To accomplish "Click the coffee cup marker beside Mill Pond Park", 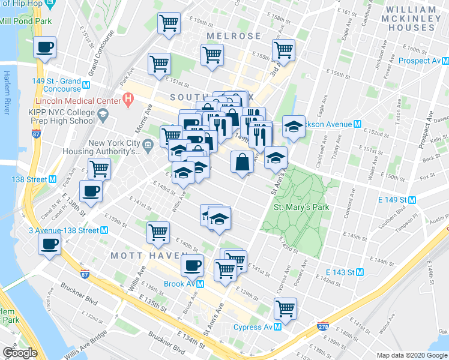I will tap(44, 47).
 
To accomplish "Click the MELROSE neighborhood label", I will tap(234, 37).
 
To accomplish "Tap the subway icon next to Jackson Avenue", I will tap(357, 124).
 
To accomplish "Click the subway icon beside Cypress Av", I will tap(278, 327).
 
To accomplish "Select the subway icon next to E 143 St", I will tap(360, 272).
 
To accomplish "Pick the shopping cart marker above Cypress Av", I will tap(285, 308).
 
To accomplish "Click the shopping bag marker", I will tap(241, 161).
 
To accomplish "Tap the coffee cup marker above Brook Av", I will tap(192, 264).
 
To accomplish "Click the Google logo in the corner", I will tap(19, 353).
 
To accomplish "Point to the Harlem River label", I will tap(8, 92).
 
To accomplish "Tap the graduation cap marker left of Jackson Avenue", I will tap(293, 127).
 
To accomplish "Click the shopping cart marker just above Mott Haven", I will tap(158, 231).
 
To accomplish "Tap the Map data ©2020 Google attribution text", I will tap(411, 355).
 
